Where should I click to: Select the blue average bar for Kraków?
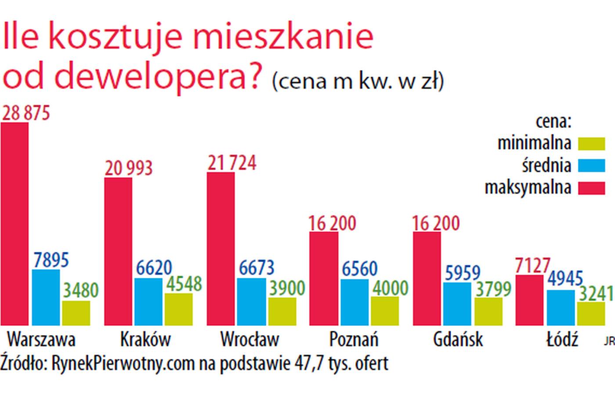coord(148,301)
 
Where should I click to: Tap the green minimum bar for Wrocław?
coord(282,311)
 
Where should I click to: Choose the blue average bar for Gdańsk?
coord(457,304)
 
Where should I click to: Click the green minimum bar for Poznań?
coord(385,311)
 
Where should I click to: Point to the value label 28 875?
coord(26,113)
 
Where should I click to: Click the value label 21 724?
coord(232,163)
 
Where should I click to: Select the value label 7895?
coord(51,260)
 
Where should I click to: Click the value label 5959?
coord(463,273)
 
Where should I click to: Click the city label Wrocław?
coord(250,339)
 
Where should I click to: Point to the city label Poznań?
coord(354,339)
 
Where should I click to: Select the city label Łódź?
coord(562,339)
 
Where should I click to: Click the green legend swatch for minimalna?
coord(591,143)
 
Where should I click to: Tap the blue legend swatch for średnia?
coord(591,165)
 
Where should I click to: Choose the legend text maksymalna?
coord(528,188)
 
